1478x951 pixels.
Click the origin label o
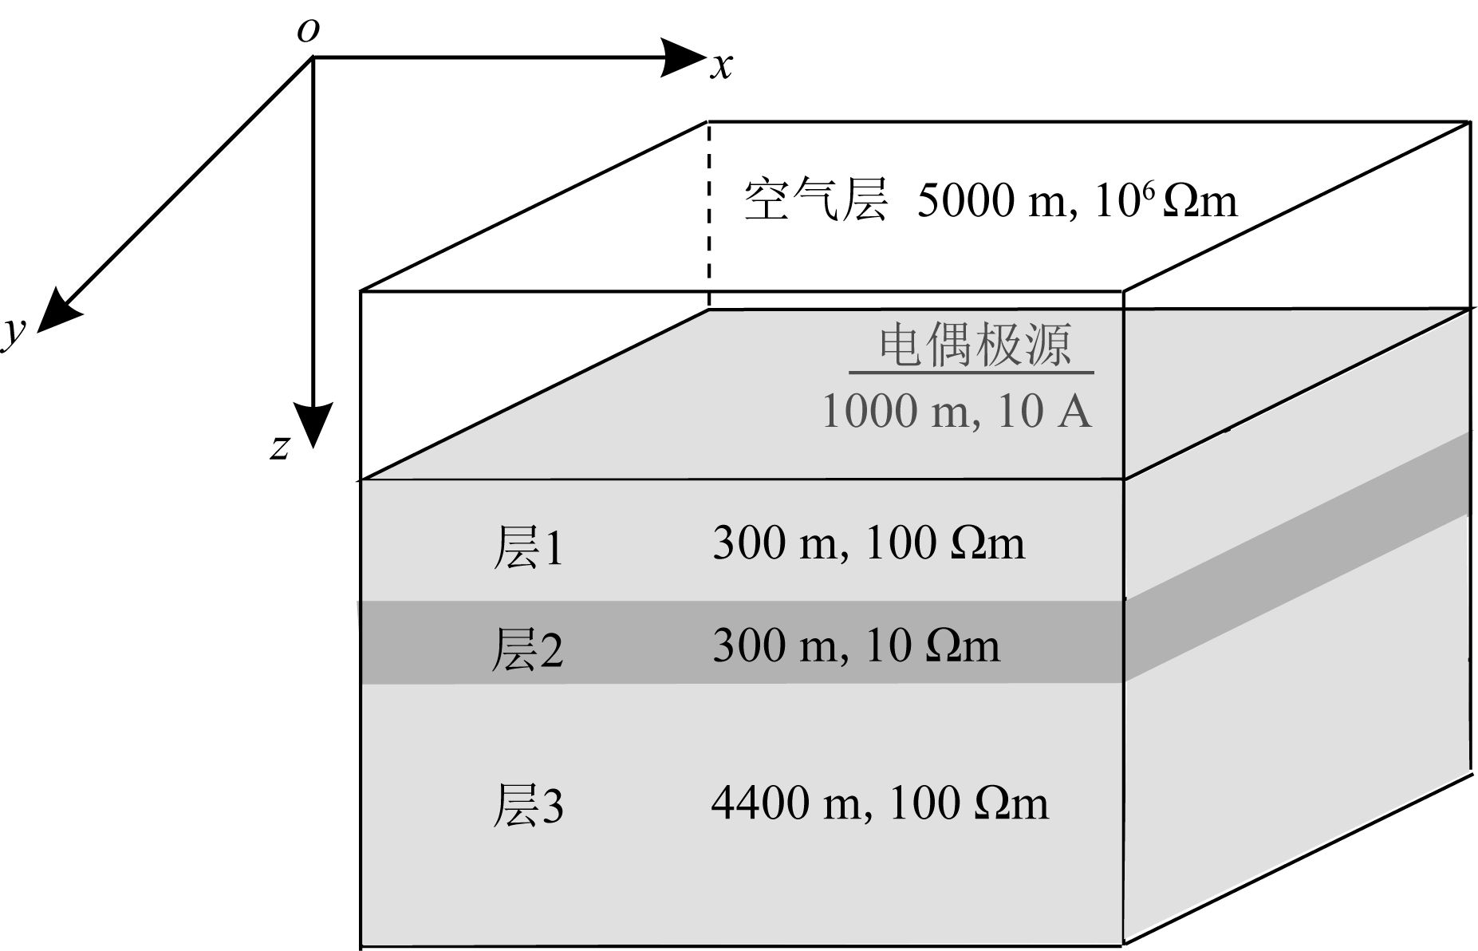pos(308,30)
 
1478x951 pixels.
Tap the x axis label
pos(721,66)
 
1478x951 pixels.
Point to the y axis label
pos(13,331)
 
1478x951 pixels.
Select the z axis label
pos(278,447)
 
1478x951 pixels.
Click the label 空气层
pos(815,199)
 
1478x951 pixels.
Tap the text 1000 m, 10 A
pos(956,411)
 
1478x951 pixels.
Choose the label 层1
pos(527,547)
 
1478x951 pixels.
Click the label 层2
pos(527,648)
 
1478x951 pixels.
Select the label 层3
pos(527,804)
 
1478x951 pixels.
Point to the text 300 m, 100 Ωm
pos(868,543)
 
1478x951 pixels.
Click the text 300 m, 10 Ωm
pos(855,645)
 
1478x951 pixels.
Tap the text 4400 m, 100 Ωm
pos(879,803)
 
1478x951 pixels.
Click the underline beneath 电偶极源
pos(971,372)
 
